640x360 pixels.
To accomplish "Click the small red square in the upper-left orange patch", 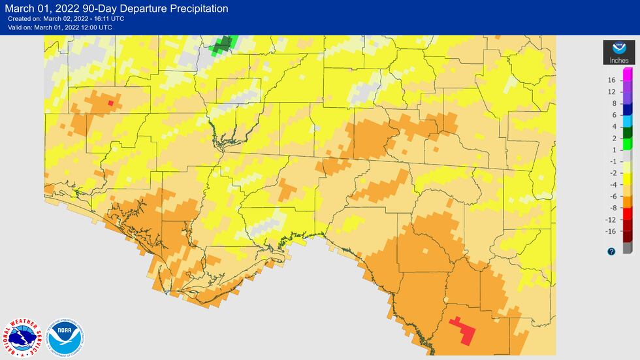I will (x=110, y=103).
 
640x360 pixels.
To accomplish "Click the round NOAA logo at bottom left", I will (x=66, y=338).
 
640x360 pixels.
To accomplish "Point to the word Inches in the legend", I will (x=618, y=61).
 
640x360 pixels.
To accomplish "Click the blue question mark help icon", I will (x=611, y=251).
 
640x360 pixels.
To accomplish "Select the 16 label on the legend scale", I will (x=612, y=80).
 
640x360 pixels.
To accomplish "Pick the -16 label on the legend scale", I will (x=611, y=231).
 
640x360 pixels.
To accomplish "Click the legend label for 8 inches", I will (x=613, y=103).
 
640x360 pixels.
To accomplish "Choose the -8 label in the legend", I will (x=612, y=208).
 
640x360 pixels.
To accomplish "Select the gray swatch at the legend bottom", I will (x=627, y=248).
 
